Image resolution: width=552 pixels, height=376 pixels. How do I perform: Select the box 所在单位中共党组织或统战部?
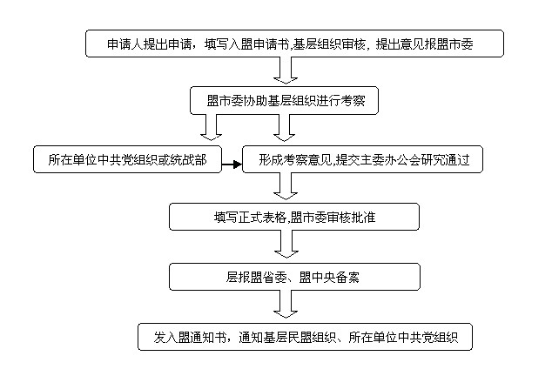click(121, 159)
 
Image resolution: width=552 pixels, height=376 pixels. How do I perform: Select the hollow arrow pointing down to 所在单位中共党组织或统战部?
click(211, 129)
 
